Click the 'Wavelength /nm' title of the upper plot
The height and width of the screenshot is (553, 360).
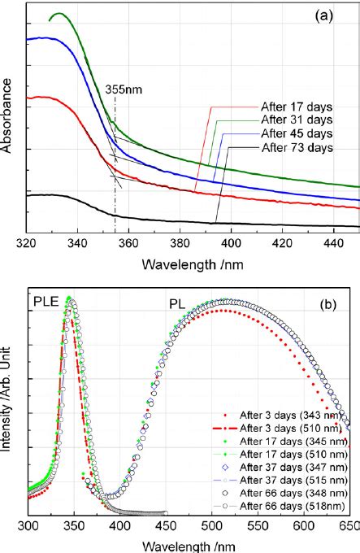pyautogui.click(x=193, y=264)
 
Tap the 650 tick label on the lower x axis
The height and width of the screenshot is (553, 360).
pyautogui.click(x=349, y=526)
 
